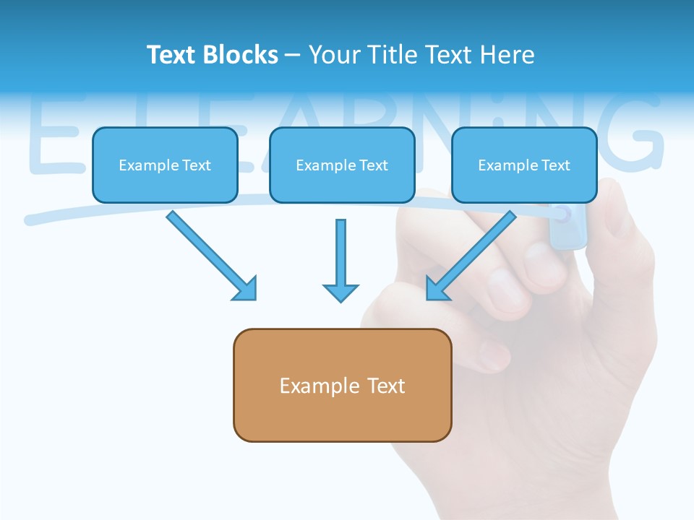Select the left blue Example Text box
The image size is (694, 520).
(x=165, y=165)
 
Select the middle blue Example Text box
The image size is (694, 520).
(x=342, y=165)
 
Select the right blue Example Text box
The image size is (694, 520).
(x=524, y=165)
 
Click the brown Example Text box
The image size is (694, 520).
(x=342, y=385)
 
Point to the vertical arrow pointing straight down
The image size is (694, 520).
(x=340, y=260)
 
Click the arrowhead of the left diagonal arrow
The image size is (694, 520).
(x=245, y=289)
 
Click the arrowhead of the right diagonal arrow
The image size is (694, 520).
(x=437, y=289)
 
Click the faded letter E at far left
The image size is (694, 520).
(x=51, y=137)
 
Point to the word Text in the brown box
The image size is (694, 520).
(x=386, y=386)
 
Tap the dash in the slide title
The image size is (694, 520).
(x=293, y=55)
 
